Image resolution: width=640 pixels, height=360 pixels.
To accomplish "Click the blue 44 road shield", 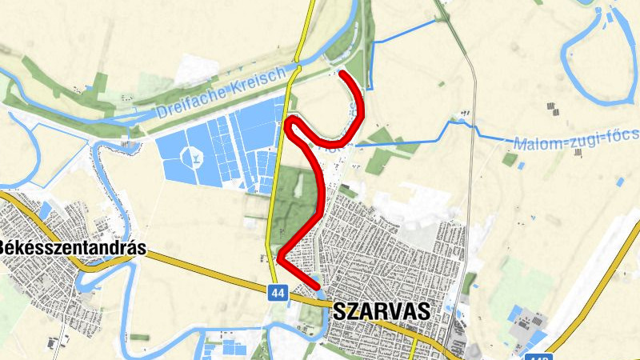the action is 278,294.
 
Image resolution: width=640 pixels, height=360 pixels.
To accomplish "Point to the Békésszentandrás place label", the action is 72,248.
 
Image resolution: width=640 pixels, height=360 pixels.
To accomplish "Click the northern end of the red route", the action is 342,74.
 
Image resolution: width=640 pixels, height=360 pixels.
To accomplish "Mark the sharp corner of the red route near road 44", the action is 280,258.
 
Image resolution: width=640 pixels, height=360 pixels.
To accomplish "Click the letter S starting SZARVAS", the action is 336,310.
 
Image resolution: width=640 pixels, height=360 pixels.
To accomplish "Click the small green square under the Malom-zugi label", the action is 510,158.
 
